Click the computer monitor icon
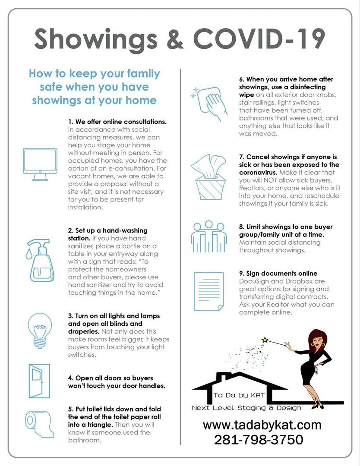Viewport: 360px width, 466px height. (x=40, y=164)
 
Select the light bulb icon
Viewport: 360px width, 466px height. (x=40, y=330)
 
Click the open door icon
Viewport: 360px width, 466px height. (x=39, y=381)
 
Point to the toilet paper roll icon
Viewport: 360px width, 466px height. (x=40, y=424)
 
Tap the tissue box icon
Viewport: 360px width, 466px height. (x=208, y=177)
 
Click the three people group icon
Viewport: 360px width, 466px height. (x=208, y=237)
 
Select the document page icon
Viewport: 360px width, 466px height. (x=208, y=292)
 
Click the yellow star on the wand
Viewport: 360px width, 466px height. (x=265, y=340)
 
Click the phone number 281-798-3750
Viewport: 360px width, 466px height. (x=259, y=440)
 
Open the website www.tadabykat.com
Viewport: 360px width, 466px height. (x=262, y=425)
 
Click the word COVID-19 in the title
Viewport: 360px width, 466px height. (x=259, y=39)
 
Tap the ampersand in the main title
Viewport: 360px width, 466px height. (x=175, y=39)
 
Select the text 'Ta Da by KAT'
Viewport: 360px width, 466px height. (x=239, y=395)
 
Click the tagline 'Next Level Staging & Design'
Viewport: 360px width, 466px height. (x=246, y=408)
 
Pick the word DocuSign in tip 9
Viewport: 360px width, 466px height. (x=253, y=281)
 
